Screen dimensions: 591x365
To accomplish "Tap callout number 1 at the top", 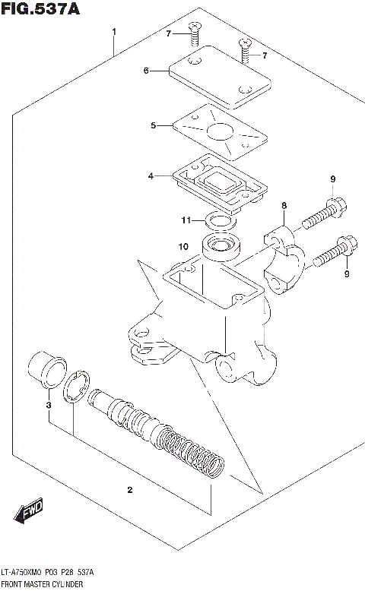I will pyautogui.click(x=114, y=32).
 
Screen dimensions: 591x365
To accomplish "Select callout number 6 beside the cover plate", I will pyautogui.click(x=145, y=71).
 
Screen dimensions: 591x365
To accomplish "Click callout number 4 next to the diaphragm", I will pyautogui.click(x=151, y=176).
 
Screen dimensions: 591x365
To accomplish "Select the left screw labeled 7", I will pyautogui.click(x=196, y=32).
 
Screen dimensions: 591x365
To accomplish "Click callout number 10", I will pyautogui.click(x=183, y=246).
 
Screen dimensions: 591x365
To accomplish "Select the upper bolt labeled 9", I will pyautogui.click(x=324, y=213).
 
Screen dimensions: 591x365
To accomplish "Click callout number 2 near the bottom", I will pyautogui.click(x=130, y=490).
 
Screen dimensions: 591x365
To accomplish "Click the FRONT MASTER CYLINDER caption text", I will pyautogui.click(x=42, y=584).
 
